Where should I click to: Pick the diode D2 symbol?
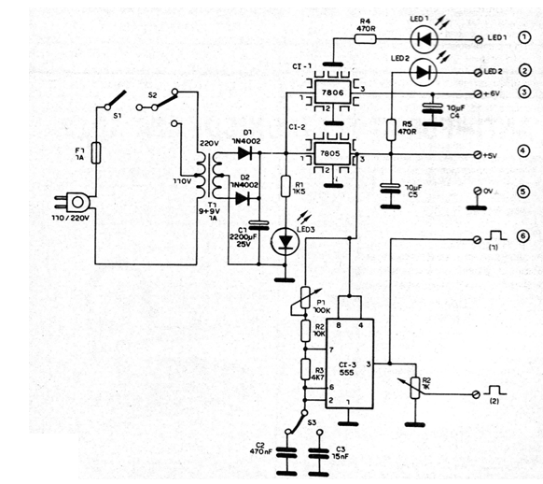point(244,197)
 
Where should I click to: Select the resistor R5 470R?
point(389,127)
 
